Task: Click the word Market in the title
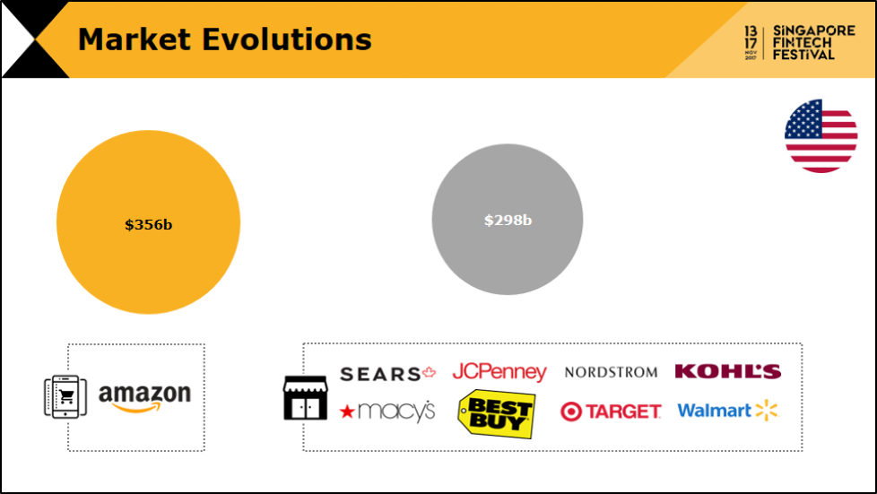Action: [135, 39]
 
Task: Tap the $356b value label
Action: [148, 224]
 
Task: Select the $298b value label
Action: [508, 220]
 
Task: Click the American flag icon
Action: [821, 136]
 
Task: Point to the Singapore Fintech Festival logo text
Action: [814, 42]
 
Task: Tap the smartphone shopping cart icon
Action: [65, 396]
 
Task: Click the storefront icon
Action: [306, 398]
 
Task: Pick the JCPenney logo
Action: [499, 372]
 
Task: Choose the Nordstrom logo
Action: [611, 372]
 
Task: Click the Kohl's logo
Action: [727, 371]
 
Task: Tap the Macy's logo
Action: [387, 412]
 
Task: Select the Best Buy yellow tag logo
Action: [496, 414]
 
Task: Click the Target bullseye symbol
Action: [571, 412]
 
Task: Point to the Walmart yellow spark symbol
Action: [767, 410]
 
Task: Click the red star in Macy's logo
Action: [347, 412]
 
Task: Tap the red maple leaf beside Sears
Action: [429, 372]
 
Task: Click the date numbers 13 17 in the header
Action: [751, 37]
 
